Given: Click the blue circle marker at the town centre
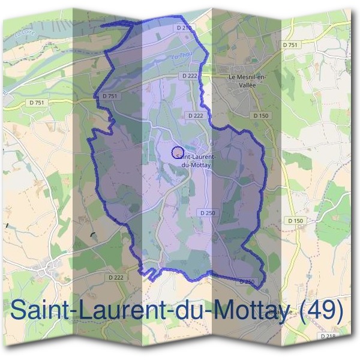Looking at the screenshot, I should point(177,152).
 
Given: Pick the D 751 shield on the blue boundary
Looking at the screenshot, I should point(109,95).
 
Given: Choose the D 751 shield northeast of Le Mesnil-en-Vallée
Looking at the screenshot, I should point(290,45).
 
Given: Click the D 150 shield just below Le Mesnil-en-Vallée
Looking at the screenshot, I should point(260,115).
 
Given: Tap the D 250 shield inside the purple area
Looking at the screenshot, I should point(207,213).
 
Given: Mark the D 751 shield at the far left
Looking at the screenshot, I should point(37,103).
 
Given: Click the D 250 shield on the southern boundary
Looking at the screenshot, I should point(247,281).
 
